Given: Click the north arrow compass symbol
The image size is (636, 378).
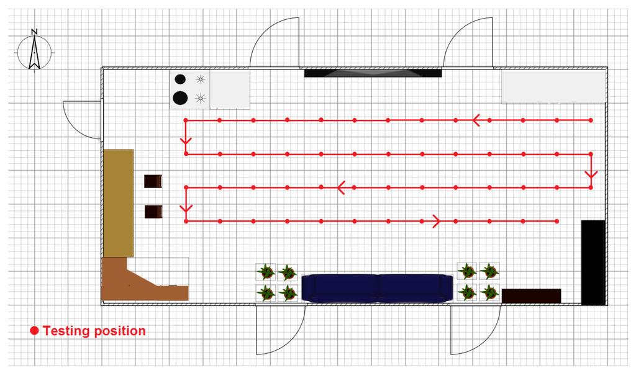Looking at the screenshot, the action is coord(35,51).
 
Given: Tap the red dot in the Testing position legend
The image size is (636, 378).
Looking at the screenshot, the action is coord(34,331).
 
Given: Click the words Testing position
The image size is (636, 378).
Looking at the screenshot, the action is coord(94,331).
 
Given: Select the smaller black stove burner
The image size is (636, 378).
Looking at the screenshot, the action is coord(180,79).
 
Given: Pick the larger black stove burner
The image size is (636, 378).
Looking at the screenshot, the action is coord(180,97).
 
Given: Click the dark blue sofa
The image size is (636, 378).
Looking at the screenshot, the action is coord(377,288).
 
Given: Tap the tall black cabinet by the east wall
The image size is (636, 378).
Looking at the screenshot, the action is coord(593,262).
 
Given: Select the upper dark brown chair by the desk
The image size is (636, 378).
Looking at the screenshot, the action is coord(153,181).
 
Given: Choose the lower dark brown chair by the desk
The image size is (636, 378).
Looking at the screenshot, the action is coord(153,212).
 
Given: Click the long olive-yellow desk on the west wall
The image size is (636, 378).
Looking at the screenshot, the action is coord(118,203).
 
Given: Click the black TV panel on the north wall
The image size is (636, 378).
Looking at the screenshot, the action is coord(373,73).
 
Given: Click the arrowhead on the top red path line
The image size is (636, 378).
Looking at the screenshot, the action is coord(476,120).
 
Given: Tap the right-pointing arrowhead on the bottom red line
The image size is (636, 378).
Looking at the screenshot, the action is coord(436,221).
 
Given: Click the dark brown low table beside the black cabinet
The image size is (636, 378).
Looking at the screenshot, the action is coord(531,296).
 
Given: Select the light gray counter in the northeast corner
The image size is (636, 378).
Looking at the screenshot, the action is coord(553,86).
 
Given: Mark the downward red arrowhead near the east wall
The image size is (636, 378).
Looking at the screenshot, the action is coord(591,174).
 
